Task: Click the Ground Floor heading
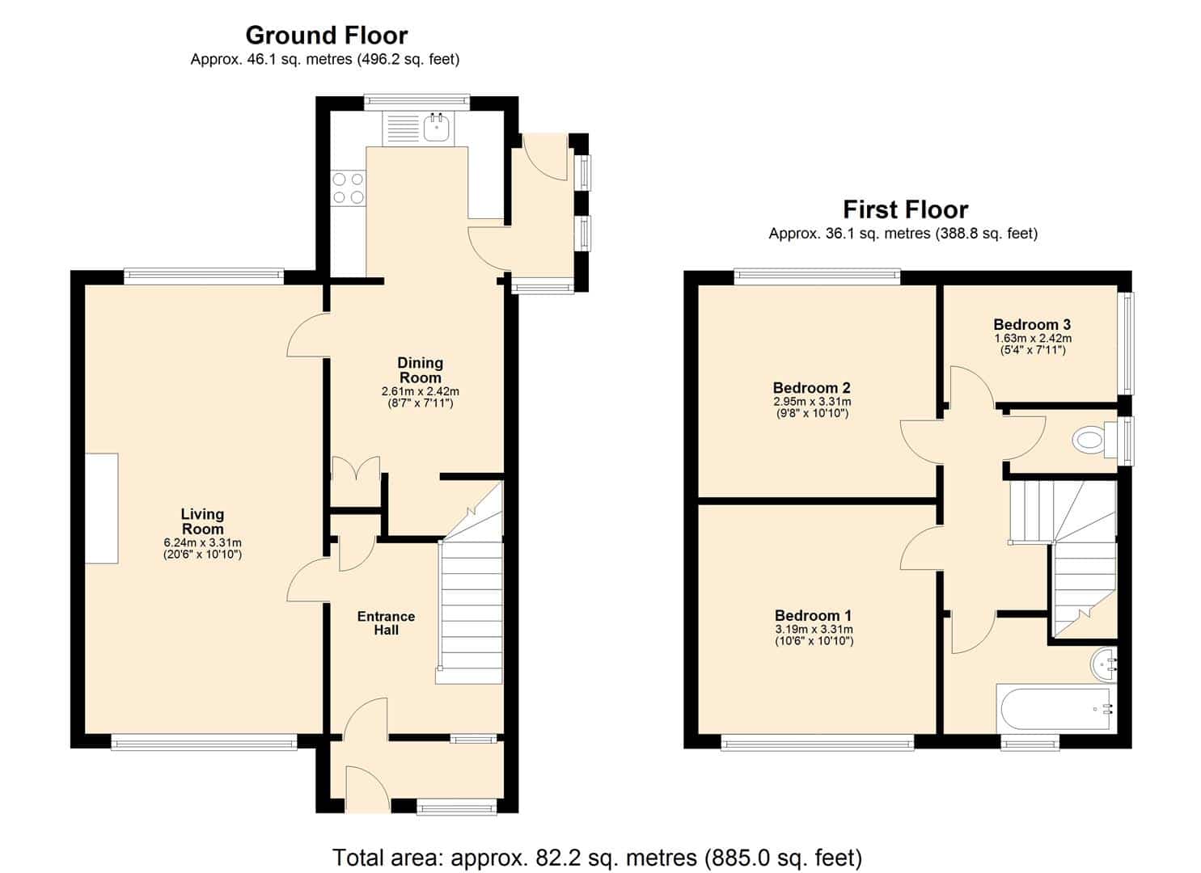[x=327, y=36]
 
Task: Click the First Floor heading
[x=906, y=209]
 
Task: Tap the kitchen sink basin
[x=437, y=128]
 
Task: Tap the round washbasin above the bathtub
[x=1104, y=665]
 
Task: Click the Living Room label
[x=202, y=521]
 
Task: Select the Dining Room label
[x=421, y=369]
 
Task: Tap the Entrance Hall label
[x=386, y=622]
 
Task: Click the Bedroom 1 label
[x=814, y=615]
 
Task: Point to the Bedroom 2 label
[x=812, y=387]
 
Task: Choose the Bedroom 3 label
[x=1032, y=324]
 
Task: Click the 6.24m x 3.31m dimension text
[x=203, y=543]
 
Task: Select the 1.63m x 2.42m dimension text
[x=1033, y=338]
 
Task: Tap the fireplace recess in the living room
[x=102, y=508]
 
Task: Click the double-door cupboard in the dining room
[x=356, y=481]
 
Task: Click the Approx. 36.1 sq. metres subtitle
[x=903, y=234]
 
